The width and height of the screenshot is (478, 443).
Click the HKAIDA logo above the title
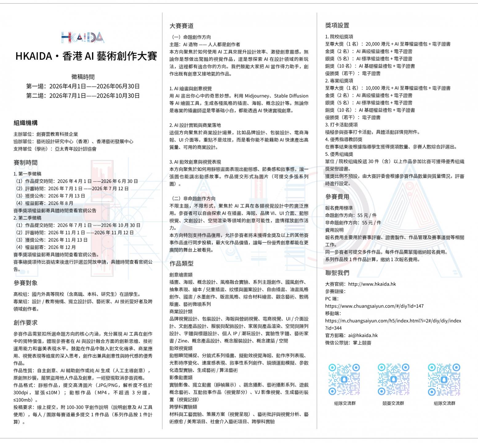[82, 37]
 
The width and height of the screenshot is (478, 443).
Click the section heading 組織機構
[26, 123]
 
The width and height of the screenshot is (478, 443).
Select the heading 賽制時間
[26, 163]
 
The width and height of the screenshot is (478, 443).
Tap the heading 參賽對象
[26, 283]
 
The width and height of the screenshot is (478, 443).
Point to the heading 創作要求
[26, 323]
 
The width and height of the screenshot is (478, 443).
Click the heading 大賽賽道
[181, 26]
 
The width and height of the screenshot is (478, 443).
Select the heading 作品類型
[181, 264]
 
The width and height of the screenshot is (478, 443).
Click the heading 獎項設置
[337, 26]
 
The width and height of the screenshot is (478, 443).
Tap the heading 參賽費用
[337, 197]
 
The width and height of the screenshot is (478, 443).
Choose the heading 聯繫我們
[337, 273]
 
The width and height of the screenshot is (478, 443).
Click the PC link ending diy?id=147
[374, 306]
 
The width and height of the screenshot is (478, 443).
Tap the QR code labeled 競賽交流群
[393, 379]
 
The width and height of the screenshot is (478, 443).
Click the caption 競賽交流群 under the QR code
[393, 403]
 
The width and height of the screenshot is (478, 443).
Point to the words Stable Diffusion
[291, 96]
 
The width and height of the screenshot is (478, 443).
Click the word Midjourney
[258, 96]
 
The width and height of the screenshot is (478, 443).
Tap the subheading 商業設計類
[181, 312]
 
